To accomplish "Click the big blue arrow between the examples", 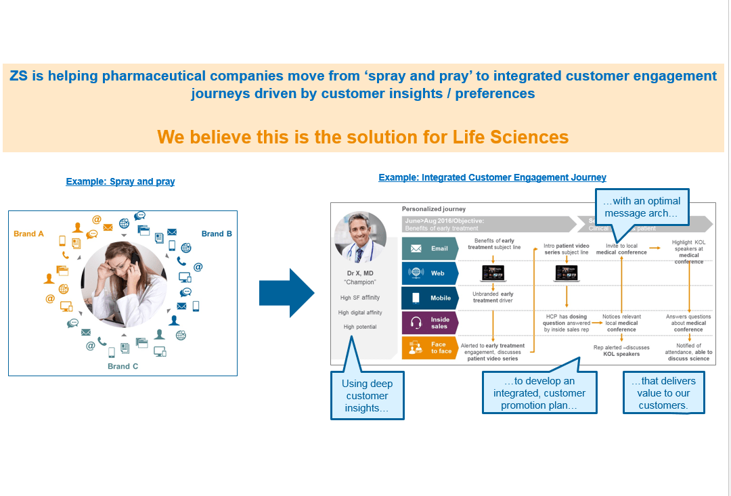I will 286,293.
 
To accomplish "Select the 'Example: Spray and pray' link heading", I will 120,181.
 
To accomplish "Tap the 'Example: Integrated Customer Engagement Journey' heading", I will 492,177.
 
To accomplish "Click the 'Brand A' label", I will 29,233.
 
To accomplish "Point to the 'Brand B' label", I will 217,233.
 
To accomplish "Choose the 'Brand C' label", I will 123,366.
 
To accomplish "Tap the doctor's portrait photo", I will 360,237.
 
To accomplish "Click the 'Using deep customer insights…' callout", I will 367,396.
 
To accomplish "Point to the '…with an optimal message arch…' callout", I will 642,207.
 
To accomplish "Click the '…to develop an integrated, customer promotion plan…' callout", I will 539,393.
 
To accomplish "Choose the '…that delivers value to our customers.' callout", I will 663,393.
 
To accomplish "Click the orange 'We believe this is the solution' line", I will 363,137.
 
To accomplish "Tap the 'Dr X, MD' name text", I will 359,273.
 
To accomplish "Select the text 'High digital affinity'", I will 360,313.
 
